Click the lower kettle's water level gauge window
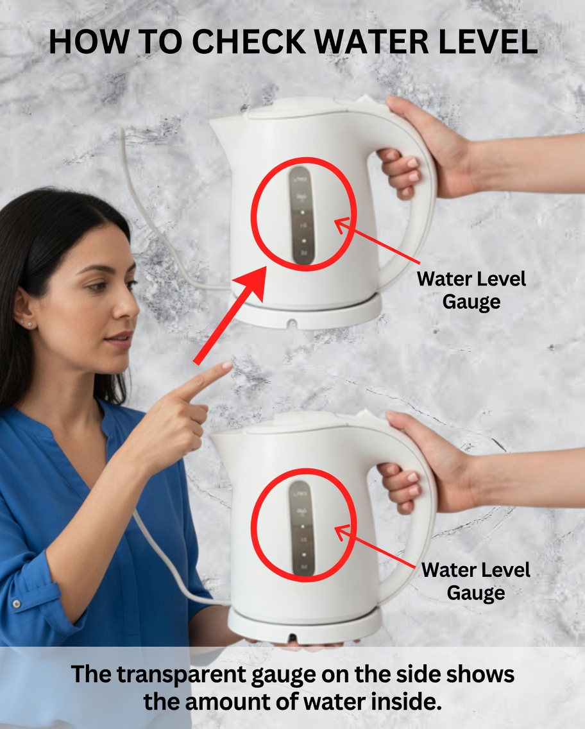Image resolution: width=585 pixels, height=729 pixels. pos(300,528)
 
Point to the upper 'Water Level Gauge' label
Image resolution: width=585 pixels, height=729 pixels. pos(471,290)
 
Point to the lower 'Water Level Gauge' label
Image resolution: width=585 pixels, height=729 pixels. pos(476,581)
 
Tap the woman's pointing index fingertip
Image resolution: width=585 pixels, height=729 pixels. pos(226,366)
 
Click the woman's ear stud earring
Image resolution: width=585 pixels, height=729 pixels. pos(29,325)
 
